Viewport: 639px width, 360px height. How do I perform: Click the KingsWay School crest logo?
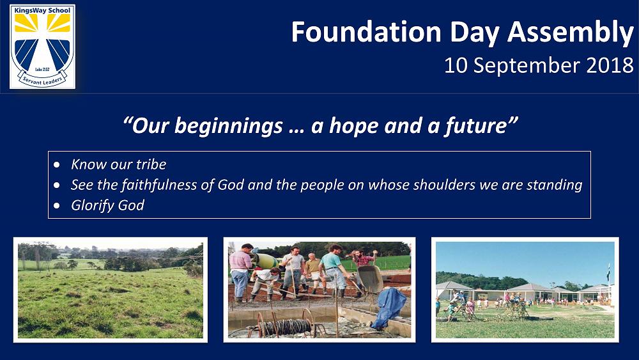[x=42, y=47]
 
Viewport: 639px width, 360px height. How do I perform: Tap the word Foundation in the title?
[x=366, y=32]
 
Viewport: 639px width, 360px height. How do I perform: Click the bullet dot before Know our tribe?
[x=57, y=165]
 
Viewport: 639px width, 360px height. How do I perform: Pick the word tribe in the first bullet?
[x=151, y=164]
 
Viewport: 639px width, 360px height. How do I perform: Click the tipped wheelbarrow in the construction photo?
[x=369, y=279]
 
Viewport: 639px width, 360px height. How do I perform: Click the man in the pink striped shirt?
[x=240, y=271]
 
